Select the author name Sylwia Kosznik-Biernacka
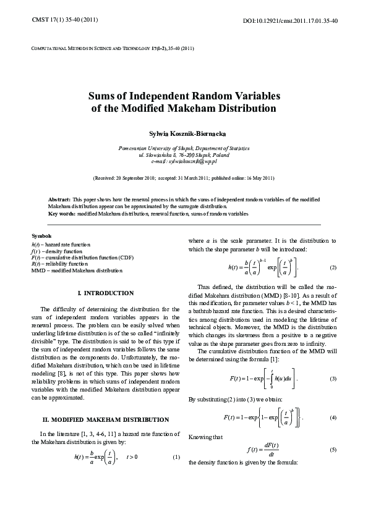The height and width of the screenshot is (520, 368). (184, 133)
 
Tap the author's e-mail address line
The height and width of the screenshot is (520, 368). (184, 161)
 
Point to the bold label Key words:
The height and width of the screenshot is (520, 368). (61, 213)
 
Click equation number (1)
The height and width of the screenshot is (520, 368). (176, 458)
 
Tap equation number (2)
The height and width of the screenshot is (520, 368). (333, 267)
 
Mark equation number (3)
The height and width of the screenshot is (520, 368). (333, 378)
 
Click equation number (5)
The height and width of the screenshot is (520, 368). (333, 450)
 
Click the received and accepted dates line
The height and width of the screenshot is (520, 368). (184, 178)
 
